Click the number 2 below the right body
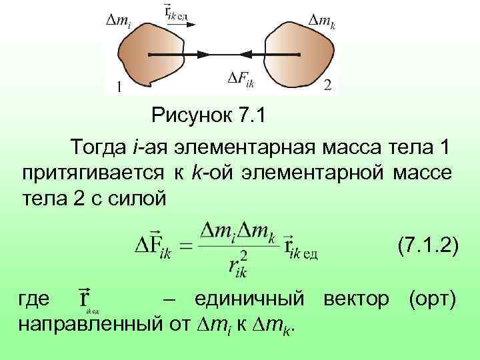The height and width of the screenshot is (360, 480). [x=327, y=85]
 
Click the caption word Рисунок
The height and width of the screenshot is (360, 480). [x=189, y=117]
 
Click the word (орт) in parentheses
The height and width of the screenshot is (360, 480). [x=433, y=298]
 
